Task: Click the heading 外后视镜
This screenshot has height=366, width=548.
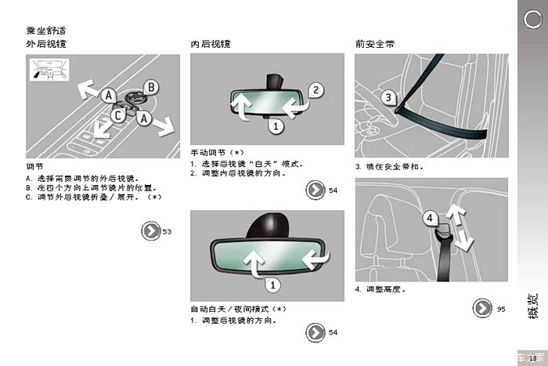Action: point(46,44)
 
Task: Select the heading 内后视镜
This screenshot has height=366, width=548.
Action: point(211,44)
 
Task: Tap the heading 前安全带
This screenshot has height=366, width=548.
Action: point(375,44)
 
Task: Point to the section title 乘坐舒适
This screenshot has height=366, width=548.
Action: point(46,31)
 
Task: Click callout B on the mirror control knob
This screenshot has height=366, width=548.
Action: point(151,87)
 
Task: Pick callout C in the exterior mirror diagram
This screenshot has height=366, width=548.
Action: point(118,115)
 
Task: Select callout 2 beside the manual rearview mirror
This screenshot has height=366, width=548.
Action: point(316,90)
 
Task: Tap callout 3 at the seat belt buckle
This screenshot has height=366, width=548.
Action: point(388,97)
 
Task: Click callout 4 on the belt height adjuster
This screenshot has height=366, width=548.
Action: point(430,218)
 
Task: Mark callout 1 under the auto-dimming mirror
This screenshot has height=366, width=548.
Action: point(272,284)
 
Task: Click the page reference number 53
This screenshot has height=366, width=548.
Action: point(167,232)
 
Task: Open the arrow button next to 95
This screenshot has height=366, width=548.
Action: point(482,308)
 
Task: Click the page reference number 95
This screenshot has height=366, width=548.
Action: point(501,309)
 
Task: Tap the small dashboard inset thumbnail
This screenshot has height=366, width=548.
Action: point(49,69)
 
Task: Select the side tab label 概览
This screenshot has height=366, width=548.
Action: point(532,306)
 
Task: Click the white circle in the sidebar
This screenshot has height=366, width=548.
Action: point(532,20)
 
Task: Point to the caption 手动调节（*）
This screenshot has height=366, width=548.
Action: point(217,153)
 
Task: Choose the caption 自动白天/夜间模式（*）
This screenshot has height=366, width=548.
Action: point(238,310)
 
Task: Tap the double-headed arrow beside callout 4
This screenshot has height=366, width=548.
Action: point(460,227)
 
